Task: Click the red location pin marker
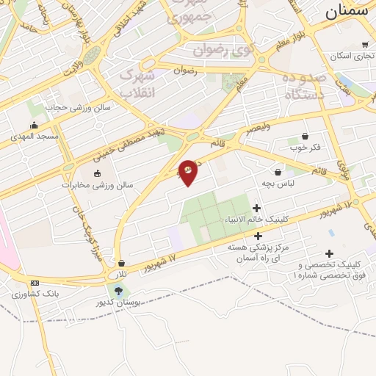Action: (x=188, y=172)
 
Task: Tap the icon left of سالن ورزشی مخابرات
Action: (x=98, y=173)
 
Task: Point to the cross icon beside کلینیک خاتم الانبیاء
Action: (x=256, y=209)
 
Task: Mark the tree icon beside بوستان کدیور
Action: (x=119, y=291)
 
